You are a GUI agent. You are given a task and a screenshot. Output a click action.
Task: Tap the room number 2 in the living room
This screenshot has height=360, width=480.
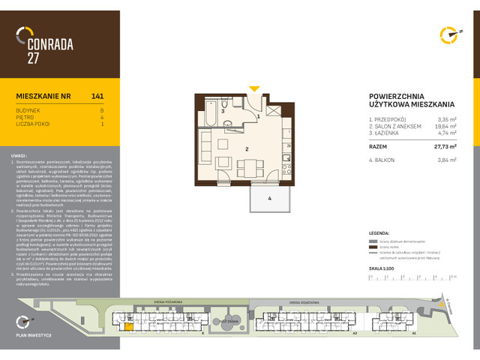[246, 149]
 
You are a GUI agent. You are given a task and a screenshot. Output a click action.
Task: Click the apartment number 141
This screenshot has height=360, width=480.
[97, 96]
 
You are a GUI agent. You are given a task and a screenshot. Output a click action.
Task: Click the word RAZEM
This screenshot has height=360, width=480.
[378, 148]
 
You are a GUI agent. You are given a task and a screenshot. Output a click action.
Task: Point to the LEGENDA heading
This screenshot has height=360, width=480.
[381, 234]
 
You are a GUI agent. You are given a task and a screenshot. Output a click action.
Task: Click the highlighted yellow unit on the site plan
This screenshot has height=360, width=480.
[128, 325]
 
